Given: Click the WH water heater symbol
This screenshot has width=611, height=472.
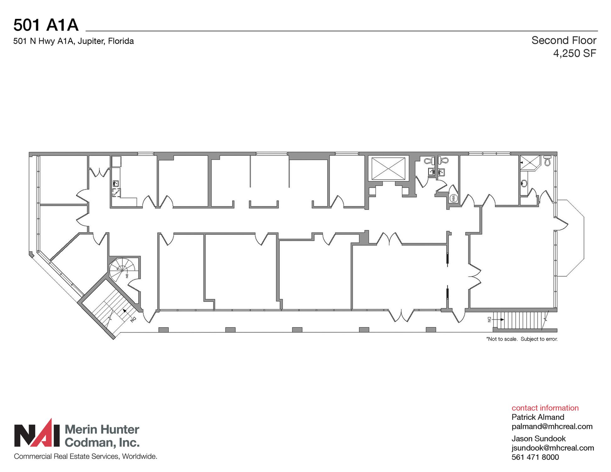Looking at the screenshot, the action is [453, 198].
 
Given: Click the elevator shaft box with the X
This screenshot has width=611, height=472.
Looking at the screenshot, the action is [389, 169].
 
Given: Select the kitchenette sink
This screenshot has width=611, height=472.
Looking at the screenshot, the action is [116, 183].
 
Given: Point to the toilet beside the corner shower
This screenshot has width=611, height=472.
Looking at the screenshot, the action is [547, 160].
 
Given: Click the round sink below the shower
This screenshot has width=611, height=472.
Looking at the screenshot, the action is [524, 183].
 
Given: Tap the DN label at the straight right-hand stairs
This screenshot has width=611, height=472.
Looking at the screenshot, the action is [489, 319].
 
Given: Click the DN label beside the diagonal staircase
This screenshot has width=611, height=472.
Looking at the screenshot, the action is [133, 319].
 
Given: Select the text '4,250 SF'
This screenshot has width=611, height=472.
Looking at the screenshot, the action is [575, 53].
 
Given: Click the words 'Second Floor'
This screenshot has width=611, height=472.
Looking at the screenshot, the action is [564, 40].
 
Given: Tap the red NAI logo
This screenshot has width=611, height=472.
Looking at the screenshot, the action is [37, 433].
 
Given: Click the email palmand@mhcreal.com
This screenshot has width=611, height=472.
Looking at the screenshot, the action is [552, 426].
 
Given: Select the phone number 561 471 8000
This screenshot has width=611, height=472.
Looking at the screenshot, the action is [535, 457].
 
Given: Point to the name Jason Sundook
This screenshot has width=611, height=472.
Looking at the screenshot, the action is [538, 438].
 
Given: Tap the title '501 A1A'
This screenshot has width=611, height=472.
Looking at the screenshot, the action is [46, 25].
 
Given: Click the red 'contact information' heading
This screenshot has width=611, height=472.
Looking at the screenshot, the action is [545, 408].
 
